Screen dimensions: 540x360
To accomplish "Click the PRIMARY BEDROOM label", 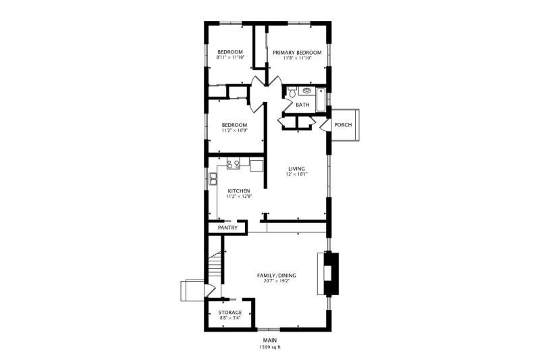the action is pyautogui.click(x=297, y=53).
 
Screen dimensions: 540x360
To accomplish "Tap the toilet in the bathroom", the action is pyautogui.click(x=292, y=92).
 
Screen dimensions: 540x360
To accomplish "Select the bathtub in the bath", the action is pyautogui.click(x=321, y=100).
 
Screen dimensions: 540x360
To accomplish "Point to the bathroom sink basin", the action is pyautogui.click(x=306, y=91).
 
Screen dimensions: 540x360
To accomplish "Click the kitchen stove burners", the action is pyautogui.click(x=233, y=164).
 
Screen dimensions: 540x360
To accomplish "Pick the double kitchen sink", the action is pyautogui.click(x=213, y=178).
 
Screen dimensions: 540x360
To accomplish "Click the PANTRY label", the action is pyautogui.click(x=227, y=228).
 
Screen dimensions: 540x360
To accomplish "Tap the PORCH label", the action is pyautogui.click(x=343, y=125).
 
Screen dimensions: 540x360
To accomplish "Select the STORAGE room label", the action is pyautogui.click(x=230, y=313).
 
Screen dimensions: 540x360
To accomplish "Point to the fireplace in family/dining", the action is pyautogui.click(x=328, y=274).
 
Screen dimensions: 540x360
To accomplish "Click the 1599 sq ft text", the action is pyautogui.click(x=270, y=347).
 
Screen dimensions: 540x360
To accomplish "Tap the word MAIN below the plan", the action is pyautogui.click(x=270, y=340).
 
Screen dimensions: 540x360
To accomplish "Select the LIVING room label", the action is pyautogui.click(x=296, y=169).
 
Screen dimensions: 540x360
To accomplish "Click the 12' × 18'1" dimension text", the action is pyautogui.click(x=296, y=174).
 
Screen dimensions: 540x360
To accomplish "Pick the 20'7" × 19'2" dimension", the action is pyautogui.click(x=277, y=281).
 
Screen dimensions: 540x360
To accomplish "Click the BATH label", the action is pyautogui.click(x=302, y=105).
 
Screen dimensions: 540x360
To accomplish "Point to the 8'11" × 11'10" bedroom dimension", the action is pyautogui.click(x=230, y=57).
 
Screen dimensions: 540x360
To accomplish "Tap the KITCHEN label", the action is pyautogui.click(x=239, y=191).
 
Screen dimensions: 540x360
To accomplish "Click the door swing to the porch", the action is pyautogui.click(x=324, y=126).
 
